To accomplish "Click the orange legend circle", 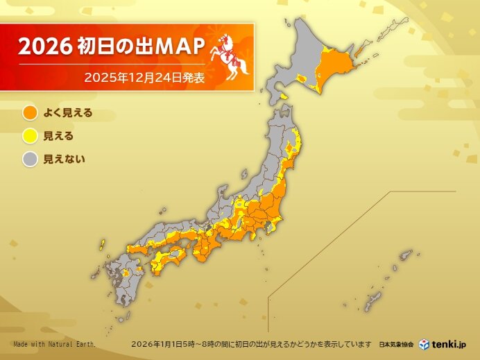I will (29, 112).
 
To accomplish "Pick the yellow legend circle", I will (29, 135).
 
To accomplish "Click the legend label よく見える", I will (68, 112).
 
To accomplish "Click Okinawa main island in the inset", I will (372, 302).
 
